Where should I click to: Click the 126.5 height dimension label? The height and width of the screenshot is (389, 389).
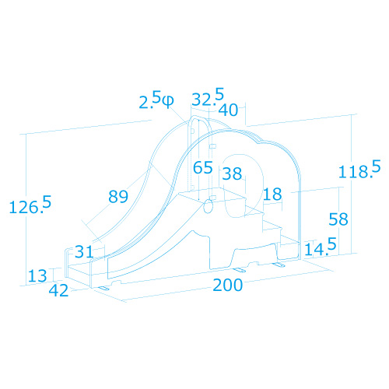coord(30,205)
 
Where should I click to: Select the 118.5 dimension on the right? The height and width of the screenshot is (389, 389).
coord(359,170)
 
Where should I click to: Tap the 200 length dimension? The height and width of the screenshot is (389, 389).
coord(228,285)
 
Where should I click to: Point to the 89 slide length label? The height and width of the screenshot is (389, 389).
coord(118,196)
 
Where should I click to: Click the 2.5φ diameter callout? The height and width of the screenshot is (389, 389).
coord(156,100)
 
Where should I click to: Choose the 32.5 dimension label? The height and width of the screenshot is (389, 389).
coord(208,97)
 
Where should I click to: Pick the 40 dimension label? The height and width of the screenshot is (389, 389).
coord(228,110)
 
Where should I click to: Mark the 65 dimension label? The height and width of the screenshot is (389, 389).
coord(203,167)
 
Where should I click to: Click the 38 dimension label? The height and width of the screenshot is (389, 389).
coord(232,173)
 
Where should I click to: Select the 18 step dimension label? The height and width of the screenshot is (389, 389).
coord(272,194)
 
